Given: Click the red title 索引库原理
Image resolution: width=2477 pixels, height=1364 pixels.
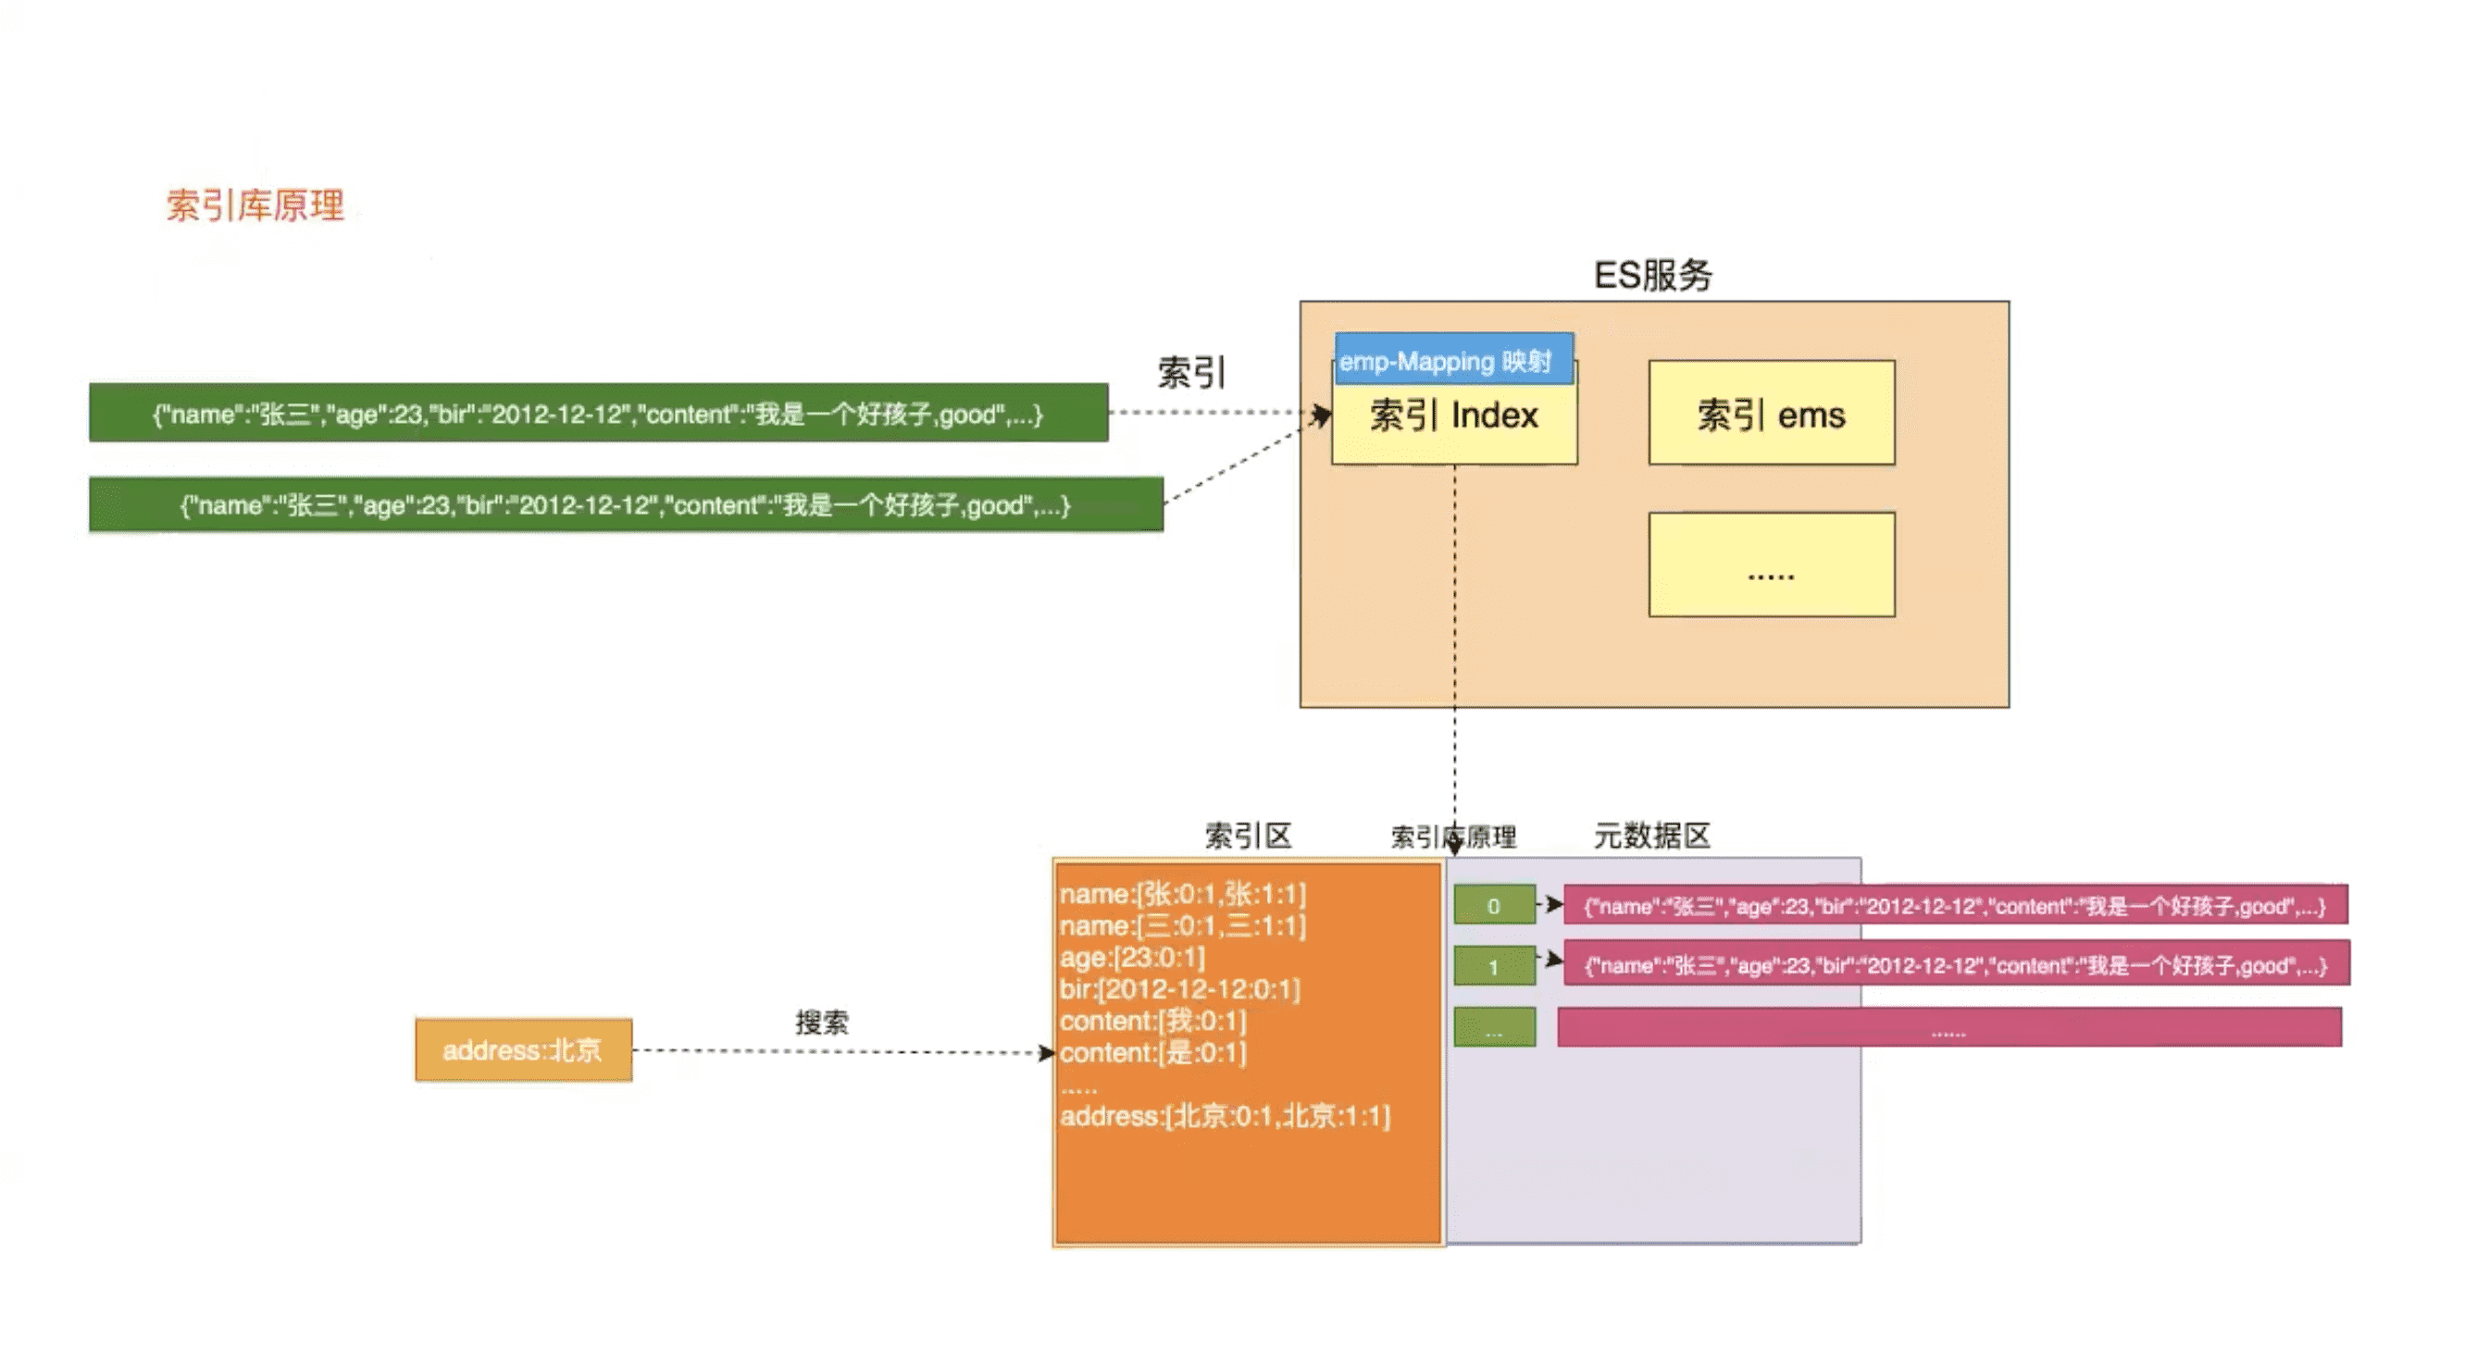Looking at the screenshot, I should (255, 205).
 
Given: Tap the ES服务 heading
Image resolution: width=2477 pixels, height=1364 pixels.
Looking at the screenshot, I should (1653, 276).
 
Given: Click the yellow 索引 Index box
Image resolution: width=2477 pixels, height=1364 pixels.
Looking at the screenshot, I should (1453, 423).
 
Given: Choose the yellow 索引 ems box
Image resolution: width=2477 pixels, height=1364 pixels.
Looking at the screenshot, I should (1770, 414).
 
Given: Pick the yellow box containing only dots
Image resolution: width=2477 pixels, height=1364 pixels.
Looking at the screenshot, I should (1770, 564).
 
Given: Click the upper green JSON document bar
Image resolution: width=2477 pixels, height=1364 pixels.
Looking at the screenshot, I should (597, 414).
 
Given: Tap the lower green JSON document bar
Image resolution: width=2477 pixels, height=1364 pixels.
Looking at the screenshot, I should (625, 504).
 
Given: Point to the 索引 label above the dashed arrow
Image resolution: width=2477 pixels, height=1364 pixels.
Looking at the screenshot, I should (1190, 372).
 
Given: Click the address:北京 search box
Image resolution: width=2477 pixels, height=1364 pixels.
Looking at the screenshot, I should (523, 1049).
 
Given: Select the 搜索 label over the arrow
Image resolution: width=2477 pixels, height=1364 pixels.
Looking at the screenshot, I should (821, 1022).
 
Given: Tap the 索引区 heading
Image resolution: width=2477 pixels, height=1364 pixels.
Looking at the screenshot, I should (1247, 836).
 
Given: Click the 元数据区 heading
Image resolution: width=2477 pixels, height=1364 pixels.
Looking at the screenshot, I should (1651, 836).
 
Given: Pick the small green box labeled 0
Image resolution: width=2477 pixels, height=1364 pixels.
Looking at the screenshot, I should (1493, 906).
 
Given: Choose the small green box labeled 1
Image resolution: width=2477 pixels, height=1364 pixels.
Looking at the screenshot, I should (1493, 966).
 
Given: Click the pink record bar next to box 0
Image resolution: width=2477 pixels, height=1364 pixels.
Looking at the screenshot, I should (1955, 906).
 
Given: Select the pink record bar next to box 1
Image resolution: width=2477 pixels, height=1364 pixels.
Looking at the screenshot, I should (1955, 965).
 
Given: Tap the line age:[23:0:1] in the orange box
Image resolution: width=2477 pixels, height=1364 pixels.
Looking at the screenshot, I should (1132, 958).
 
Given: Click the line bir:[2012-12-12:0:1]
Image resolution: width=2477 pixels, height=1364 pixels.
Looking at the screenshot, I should (1179, 989).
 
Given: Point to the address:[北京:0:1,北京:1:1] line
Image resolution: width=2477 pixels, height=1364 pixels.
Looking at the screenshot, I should (1224, 1116).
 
